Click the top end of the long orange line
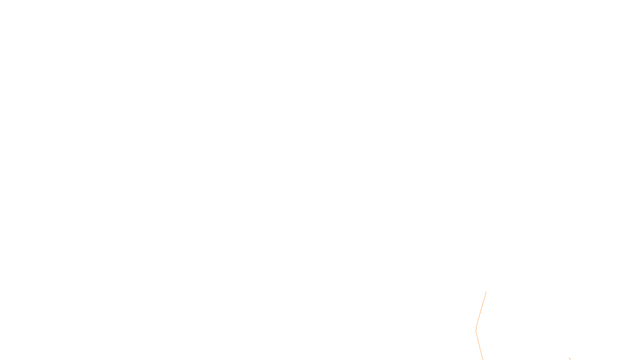tap(486, 292)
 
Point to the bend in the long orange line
tap(476, 331)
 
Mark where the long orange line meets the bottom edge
tap(483, 359)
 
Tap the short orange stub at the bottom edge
tap(570, 359)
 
